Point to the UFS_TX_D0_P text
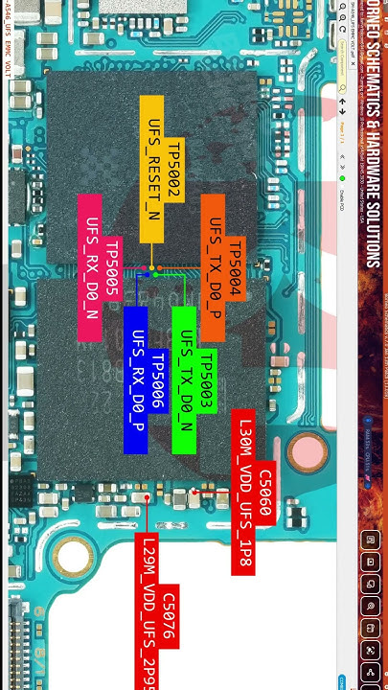pyautogui.click(x=215, y=266)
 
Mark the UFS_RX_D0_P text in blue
pyautogui.click(x=137, y=379)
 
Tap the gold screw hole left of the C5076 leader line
pyautogui.click(x=70, y=553)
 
